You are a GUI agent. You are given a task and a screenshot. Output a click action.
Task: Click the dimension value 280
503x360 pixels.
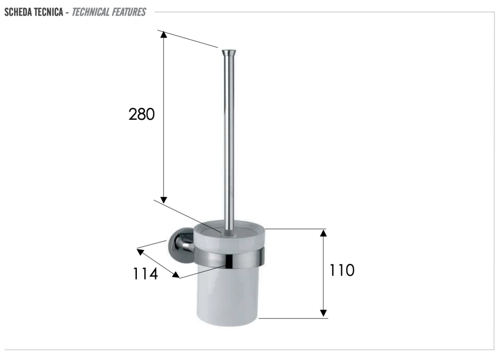pyautogui.click(x=141, y=114)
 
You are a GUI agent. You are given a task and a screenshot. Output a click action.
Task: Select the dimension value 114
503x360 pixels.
pyautogui.click(x=145, y=274)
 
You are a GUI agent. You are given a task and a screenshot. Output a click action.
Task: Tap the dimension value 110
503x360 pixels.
pyautogui.click(x=342, y=270)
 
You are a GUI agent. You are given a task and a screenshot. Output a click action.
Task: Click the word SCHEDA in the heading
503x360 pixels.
pyautogui.click(x=18, y=12)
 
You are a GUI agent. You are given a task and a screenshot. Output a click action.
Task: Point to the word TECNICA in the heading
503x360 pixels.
pyautogui.click(x=48, y=12)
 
